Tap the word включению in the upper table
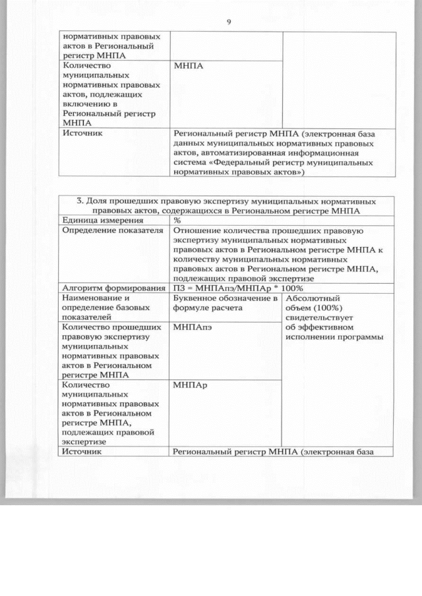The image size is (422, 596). pyautogui.click(x=83, y=103)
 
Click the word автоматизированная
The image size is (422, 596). pyautogui.click(x=261, y=153)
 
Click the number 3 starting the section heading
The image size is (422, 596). pyautogui.click(x=80, y=201)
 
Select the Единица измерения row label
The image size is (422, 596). pyautogui.click(x=93, y=221)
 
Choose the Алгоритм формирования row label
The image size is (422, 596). pyautogui.click(x=112, y=288)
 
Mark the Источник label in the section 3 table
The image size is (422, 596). pyautogui.click(x=80, y=452)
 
